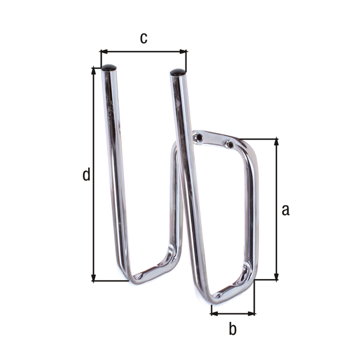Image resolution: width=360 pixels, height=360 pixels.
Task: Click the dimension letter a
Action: pyautogui.click(x=286, y=209)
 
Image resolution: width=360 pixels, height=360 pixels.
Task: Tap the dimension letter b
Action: pyautogui.click(x=233, y=329)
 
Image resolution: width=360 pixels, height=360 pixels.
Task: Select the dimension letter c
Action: pyautogui.click(x=143, y=38)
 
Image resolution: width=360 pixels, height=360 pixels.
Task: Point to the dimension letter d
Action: pyautogui.click(x=86, y=175)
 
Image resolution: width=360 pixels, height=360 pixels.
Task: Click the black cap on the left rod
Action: pyautogui.click(x=109, y=68)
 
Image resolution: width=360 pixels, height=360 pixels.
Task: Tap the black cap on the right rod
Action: pyautogui.click(x=178, y=73)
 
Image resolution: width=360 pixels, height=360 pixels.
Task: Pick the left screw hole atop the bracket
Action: pyautogui.click(x=198, y=138)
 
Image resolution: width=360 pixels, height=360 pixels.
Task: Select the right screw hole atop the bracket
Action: pyautogui.click(x=228, y=144)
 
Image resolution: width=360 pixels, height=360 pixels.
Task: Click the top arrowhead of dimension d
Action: pyautogui.click(x=94, y=71)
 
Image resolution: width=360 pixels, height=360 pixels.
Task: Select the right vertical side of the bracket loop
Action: pyautogui.click(x=253, y=210)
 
